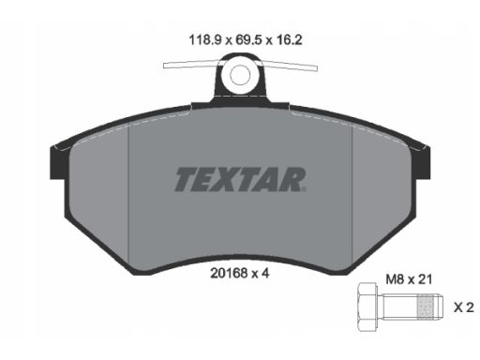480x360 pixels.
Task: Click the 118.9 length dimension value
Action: coord(205,40)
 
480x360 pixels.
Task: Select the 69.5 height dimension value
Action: coord(248,40)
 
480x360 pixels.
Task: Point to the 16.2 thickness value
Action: coord(290,40)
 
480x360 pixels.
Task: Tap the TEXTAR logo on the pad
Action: coord(240,179)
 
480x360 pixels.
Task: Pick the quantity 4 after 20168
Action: coord(265,274)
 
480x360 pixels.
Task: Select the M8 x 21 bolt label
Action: coord(409,279)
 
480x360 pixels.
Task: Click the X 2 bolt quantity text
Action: coord(464,307)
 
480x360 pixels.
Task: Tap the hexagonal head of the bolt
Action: coord(367,307)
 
